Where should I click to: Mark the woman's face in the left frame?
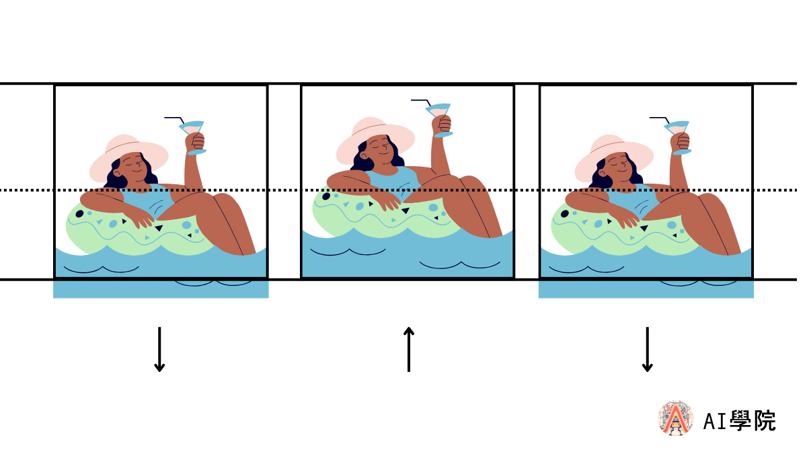[x=134, y=167]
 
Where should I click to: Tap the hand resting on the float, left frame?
[x=143, y=221]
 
